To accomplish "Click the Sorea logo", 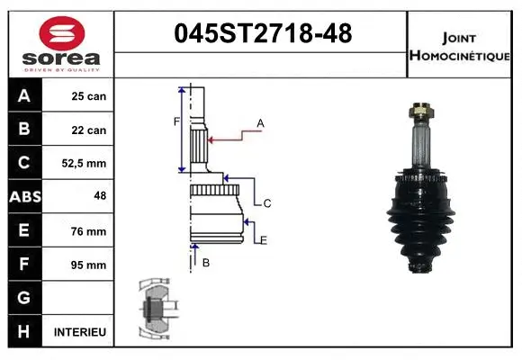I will pos(61,42).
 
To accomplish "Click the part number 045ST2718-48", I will pos(262,34).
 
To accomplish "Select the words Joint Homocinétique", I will pos(460,45).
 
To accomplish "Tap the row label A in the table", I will pos(24,96).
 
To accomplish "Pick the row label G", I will pos(24,298).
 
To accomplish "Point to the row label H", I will pos(24,332).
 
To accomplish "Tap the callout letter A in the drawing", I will pos(260,122).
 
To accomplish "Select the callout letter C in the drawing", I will pos(267,203).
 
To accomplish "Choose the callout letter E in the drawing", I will pos(264,238).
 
